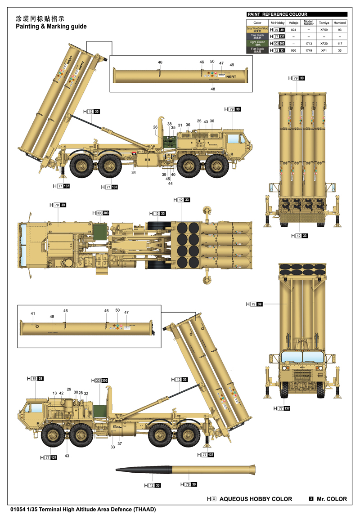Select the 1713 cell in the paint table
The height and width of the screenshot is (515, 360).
coord(308,43)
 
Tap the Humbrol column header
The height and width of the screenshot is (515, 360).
coord(340,22)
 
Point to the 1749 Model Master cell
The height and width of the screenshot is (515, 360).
coord(308,50)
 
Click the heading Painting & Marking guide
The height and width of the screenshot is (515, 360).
coord(51,27)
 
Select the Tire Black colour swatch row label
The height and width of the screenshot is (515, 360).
coord(257,36)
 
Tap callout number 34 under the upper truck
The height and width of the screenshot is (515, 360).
coord(134,172)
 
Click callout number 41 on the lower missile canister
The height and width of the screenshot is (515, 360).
coord(32,313)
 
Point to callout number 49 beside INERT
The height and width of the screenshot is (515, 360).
coord(232,65)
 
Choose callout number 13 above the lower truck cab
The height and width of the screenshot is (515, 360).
coord(54,393)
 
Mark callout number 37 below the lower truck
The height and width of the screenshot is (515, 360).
coord(120,443)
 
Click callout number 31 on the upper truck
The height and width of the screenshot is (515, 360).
coord(180,125)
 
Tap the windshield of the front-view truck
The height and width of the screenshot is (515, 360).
coord(302,357)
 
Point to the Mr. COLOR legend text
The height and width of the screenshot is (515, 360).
coord(332,499)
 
